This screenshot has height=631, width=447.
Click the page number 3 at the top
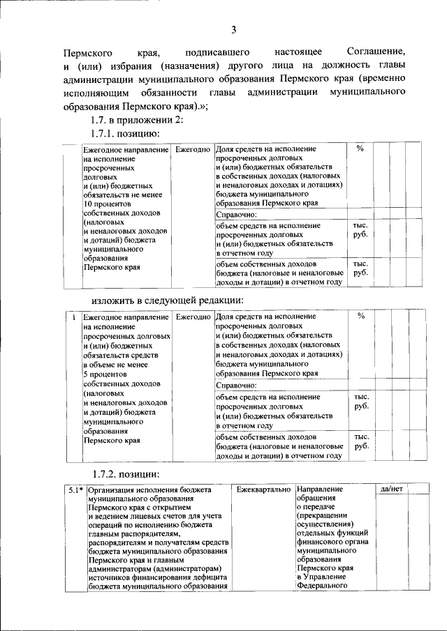234,29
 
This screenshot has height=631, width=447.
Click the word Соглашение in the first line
376,52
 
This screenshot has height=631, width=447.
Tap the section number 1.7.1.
105,132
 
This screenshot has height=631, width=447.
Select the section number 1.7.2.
105,474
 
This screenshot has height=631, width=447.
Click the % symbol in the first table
360,149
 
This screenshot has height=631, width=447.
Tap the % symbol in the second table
360,317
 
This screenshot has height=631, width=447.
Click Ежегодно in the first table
193,149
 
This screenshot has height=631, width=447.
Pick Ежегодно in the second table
193,317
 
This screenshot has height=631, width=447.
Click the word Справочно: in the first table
237,215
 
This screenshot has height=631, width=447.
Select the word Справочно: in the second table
237,385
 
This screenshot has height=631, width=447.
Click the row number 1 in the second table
74,317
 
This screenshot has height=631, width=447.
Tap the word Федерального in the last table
322,586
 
